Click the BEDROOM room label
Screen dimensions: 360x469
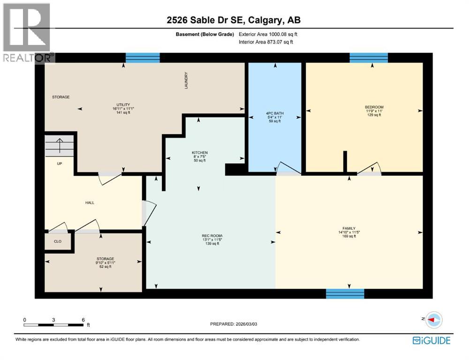[x=374, y=107]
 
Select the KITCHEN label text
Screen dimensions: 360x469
[x=199, y=153]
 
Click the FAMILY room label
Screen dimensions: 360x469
[x=349, y=228]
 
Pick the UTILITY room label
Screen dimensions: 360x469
[x=123, y=105]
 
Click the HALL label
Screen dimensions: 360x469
[x=90, y=202]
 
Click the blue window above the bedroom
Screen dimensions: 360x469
[x=369, y=58]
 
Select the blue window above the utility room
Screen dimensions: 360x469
[x=143, y=58]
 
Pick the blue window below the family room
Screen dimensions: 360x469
[x=345, y=294]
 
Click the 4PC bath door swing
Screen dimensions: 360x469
[x=287, y=168]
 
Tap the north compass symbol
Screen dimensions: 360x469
[x=434, y=319]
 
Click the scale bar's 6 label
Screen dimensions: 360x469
[x=83, y=320]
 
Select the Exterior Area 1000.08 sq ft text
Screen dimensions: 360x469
[x=268, y=34]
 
